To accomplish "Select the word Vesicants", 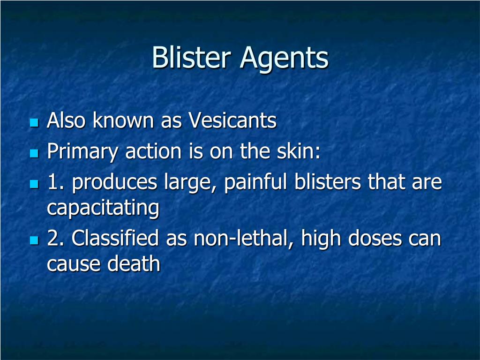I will point(232,121).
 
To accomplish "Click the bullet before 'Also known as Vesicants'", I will point(34,123).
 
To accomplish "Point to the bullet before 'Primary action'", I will point(34,153).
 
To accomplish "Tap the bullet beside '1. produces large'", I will point(34,184).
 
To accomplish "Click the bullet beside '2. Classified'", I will point(34,240).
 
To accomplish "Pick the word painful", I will point(256,182).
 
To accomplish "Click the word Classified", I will point(116,239).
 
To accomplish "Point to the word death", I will point(134,264).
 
